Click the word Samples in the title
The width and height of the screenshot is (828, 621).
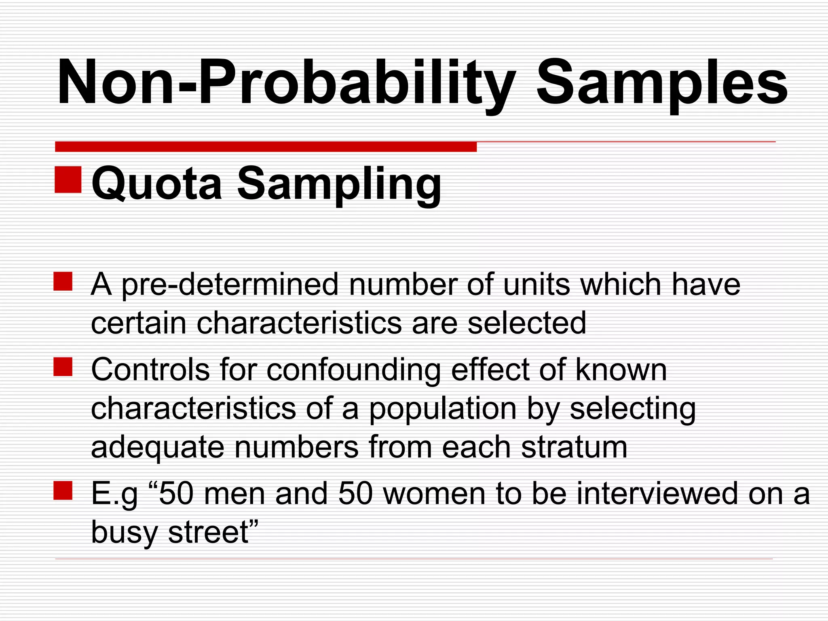tap(661, 83)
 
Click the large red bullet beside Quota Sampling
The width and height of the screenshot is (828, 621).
tap(68, 179)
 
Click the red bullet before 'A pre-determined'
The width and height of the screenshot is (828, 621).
tap(63, 281)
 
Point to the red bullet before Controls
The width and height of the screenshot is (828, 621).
tap(63, 367)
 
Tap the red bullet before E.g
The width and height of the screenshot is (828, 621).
tap(63, 490)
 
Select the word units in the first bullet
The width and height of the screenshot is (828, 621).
tap(537, 284)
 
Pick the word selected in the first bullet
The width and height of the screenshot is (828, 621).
tap(526, 323)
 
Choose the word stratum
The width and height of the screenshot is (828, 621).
tap(574, 447)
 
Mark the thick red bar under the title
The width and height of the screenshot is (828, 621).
tap(266, 147)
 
